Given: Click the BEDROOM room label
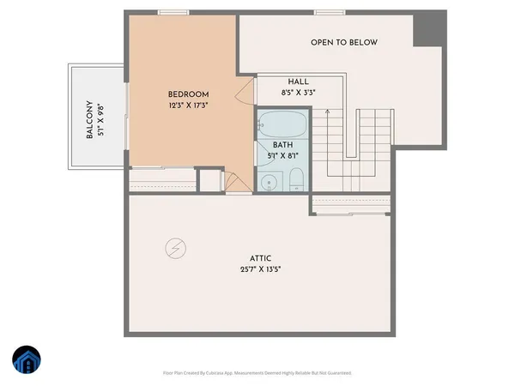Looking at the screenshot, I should click(187, 94).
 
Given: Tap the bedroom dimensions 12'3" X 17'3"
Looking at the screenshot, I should click(187, 106).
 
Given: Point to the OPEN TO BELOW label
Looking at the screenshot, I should click(343, 42).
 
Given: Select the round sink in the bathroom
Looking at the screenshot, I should click(268, 181).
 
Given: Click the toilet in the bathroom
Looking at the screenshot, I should click(294, 179).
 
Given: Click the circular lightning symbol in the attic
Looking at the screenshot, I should click(174, 248).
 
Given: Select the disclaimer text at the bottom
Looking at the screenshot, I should click(257, 373).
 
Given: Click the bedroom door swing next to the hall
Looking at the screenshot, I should click(245, 86).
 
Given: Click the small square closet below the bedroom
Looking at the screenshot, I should click(210, 180).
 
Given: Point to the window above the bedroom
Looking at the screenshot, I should click(170, 13).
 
